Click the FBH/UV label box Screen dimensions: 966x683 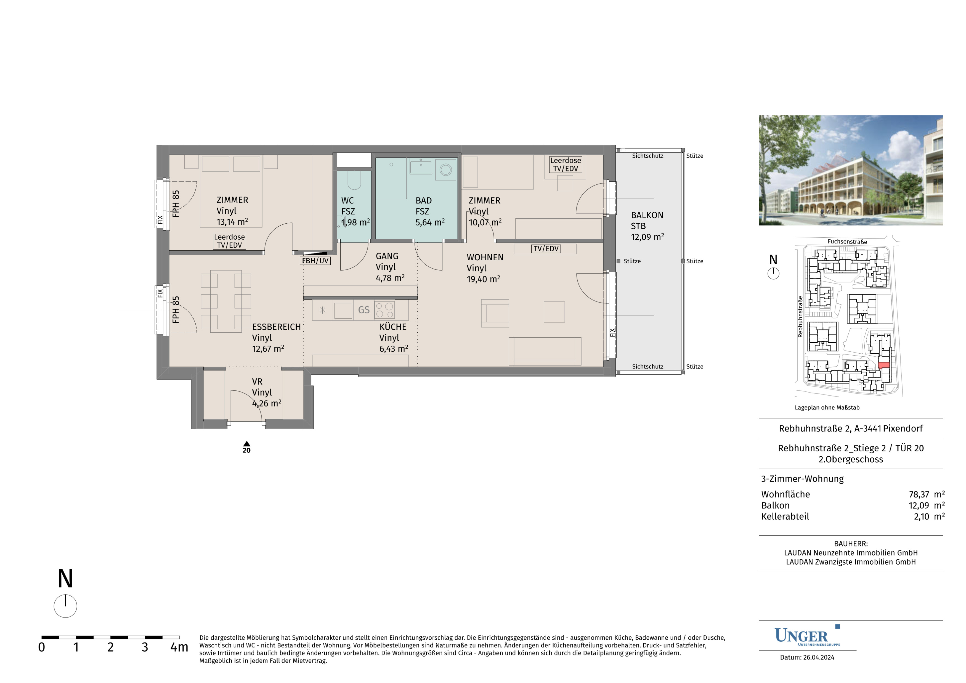[x=315, y=261]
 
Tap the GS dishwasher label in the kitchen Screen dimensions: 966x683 [x=364, y=310]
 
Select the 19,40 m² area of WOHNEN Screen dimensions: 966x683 [x=484, y=279]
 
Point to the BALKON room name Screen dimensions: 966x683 [x=647, y=215]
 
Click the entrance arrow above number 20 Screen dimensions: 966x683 [x=246, y=444]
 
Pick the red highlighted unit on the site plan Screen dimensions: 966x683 [x=884, y=365]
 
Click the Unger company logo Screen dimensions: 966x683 [x=807, y=636]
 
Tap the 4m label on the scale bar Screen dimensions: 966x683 [x=179, y=647]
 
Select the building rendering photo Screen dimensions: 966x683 [x=851, y=170]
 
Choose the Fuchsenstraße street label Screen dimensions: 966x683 [x=847, y=242]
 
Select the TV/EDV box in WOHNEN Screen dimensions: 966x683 [x=546, y=249]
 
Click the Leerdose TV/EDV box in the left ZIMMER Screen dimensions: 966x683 [x=229, y=241]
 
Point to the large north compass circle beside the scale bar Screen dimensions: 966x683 [x=65, y=606]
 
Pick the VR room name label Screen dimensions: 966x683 [x=257, y=382]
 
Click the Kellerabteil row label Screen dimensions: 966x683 [x=785, y=516]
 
